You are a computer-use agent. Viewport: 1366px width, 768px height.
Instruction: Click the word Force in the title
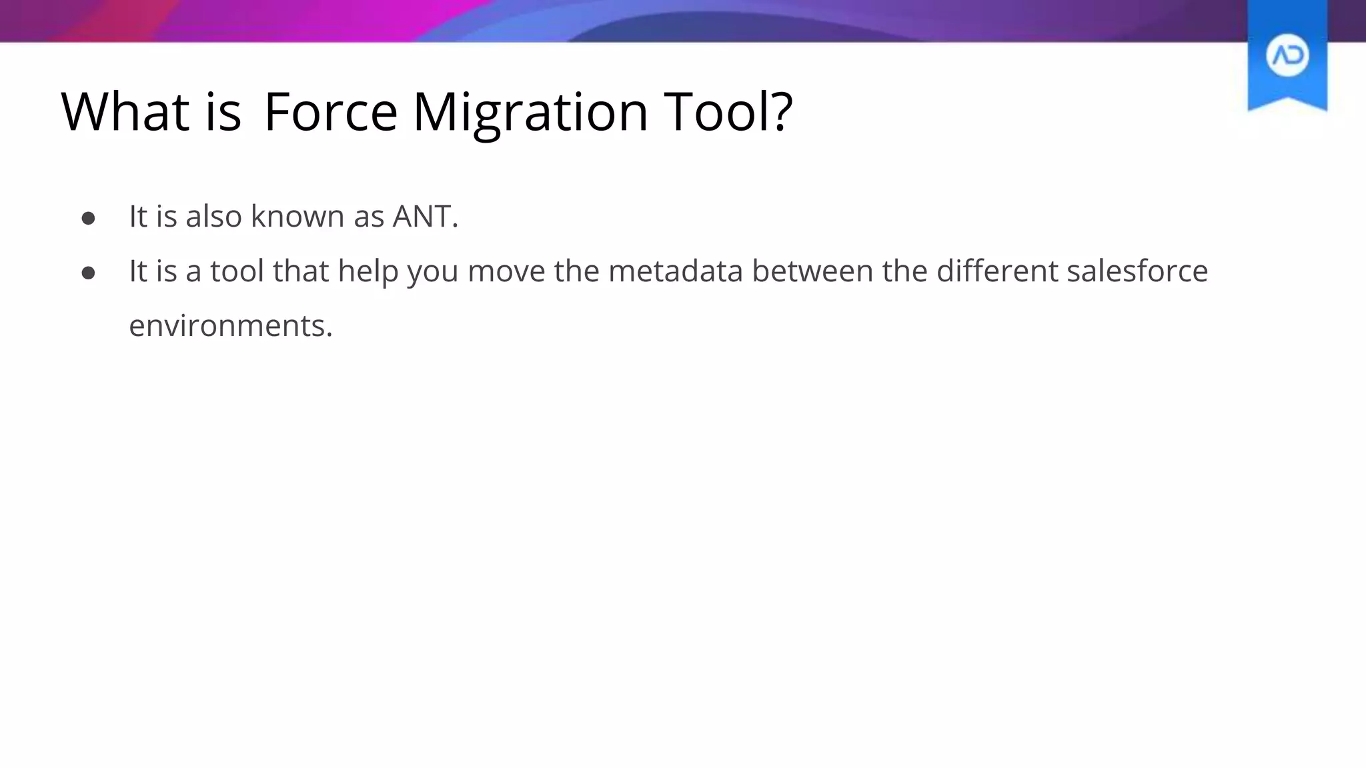point(331,111)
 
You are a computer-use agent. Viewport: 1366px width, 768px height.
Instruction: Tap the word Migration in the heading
point(530,111)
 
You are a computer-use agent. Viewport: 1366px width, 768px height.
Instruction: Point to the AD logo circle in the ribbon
point(1287,55)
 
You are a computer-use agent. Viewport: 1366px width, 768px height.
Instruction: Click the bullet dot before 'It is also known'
point(88,218)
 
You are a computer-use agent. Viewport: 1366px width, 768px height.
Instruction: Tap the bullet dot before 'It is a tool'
point(88,273)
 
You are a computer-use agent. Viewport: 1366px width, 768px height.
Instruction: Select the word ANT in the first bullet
point(422,217)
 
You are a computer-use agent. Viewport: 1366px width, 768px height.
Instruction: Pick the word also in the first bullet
point(213,217)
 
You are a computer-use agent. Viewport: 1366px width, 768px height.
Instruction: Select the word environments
point(230,326)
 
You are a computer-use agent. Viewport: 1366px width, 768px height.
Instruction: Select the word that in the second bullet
point(301,271)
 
